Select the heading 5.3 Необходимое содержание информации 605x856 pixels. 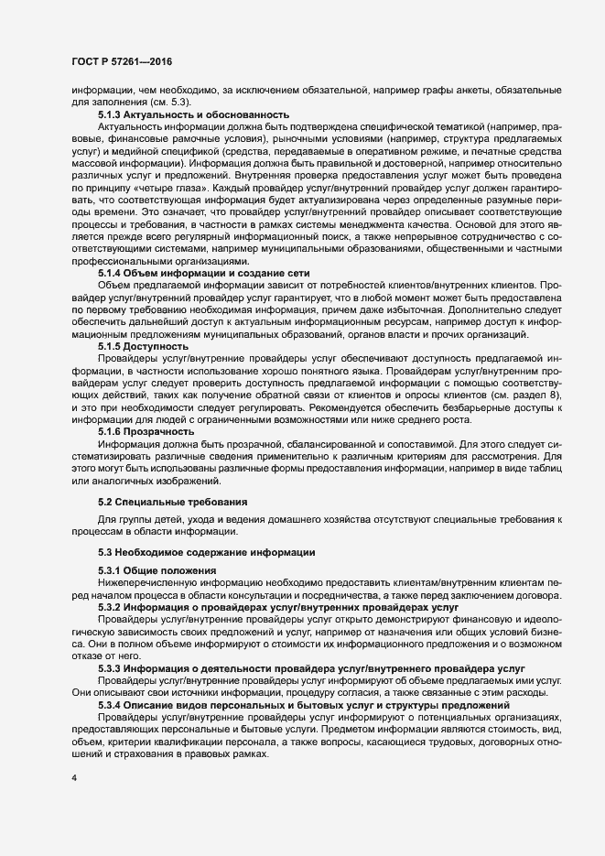pyautogui.click(x=208, y=552)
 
